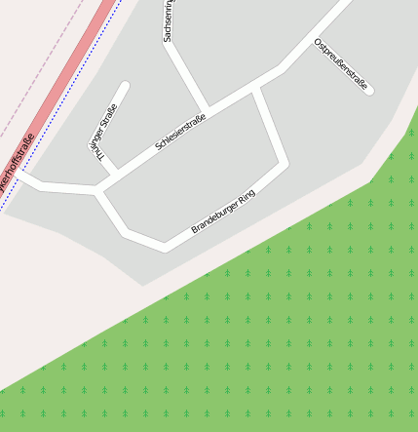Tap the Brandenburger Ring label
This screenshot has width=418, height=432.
coord(222,212)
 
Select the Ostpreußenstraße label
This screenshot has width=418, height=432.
coord(340,65)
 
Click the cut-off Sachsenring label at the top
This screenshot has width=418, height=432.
coord(168,21)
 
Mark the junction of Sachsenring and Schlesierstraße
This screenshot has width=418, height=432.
coord(206,106)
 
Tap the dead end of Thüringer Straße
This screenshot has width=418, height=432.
coord(124,87)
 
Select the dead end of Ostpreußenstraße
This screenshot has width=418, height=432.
coord(369,92)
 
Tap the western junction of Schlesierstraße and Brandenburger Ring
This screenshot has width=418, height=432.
coord(97,189)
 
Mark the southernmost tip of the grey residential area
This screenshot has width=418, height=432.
coord(144,285)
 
